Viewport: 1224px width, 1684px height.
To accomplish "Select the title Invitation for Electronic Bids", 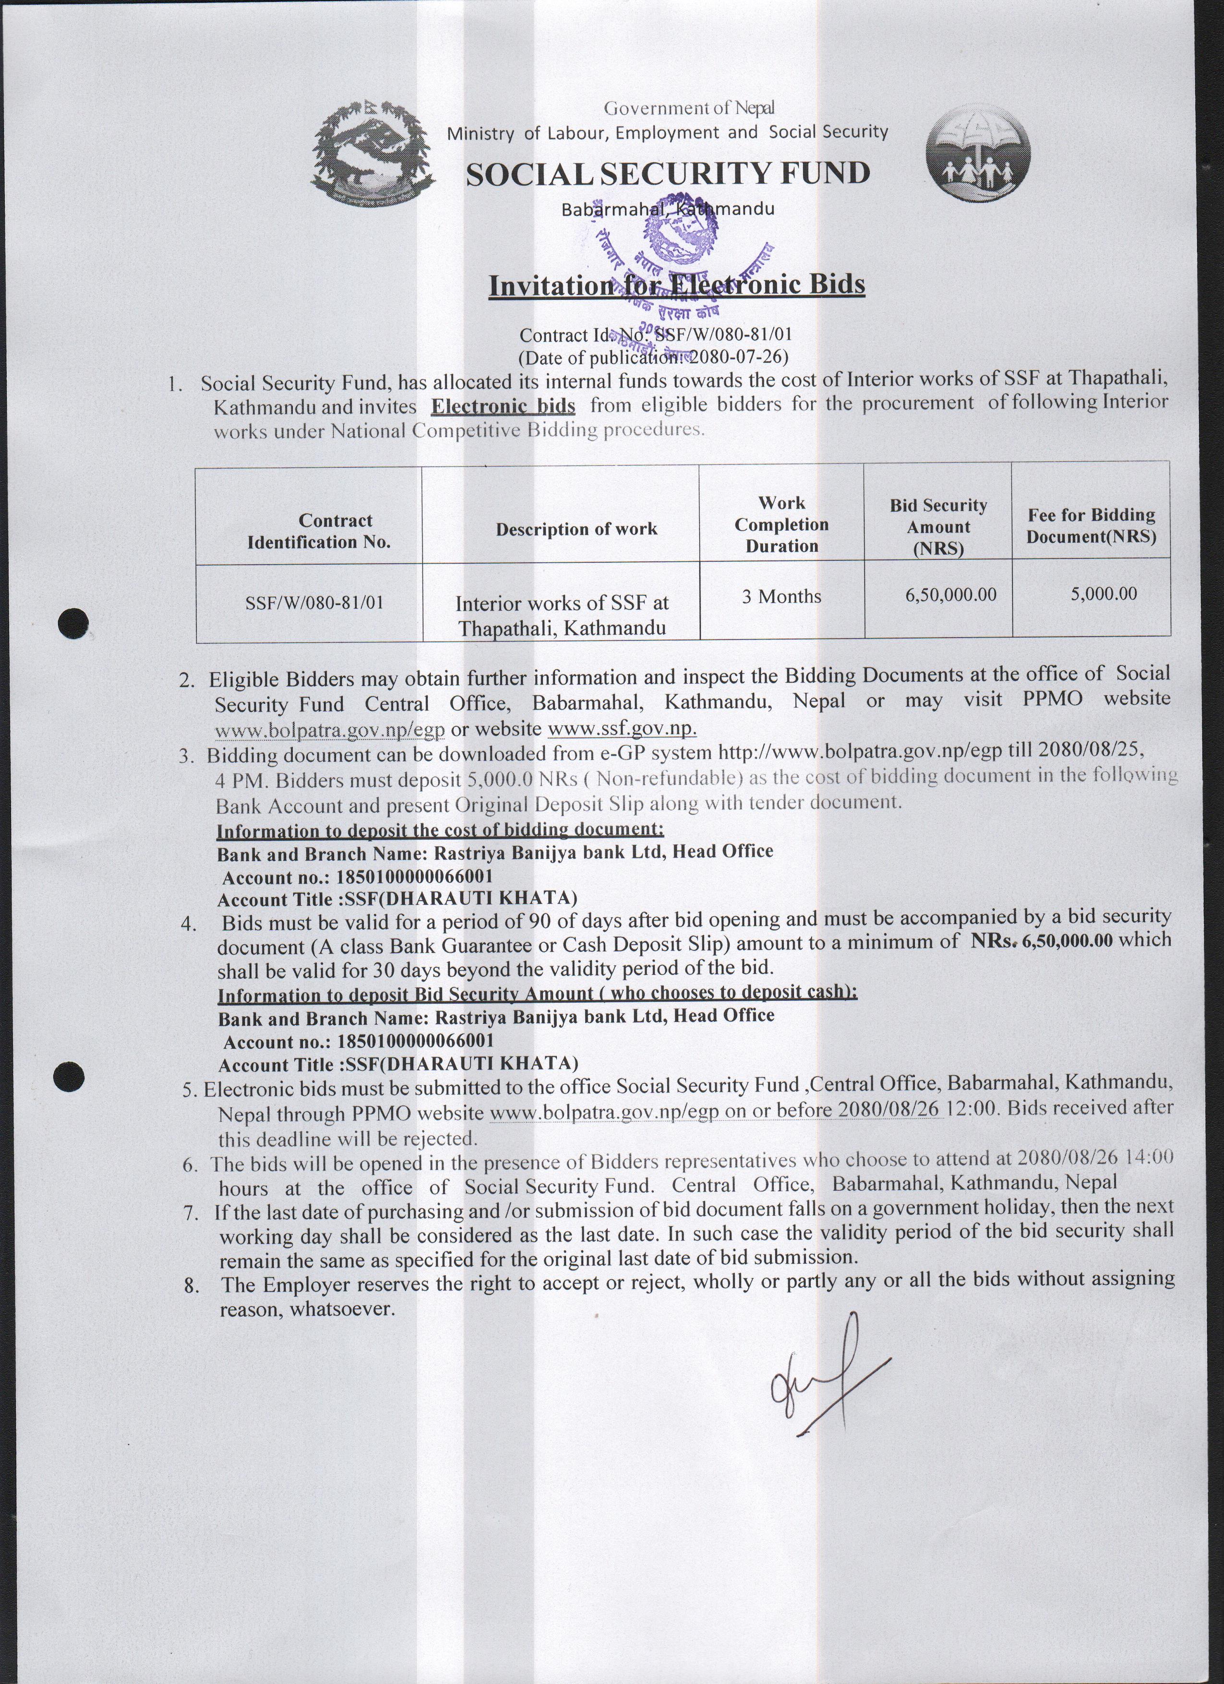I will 676,285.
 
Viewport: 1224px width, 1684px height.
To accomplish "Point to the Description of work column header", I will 576,529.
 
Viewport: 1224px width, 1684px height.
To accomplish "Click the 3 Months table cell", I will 781,596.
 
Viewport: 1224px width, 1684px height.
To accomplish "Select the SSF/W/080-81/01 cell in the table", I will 314,602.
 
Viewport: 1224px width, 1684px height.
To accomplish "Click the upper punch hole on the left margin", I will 74,621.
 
